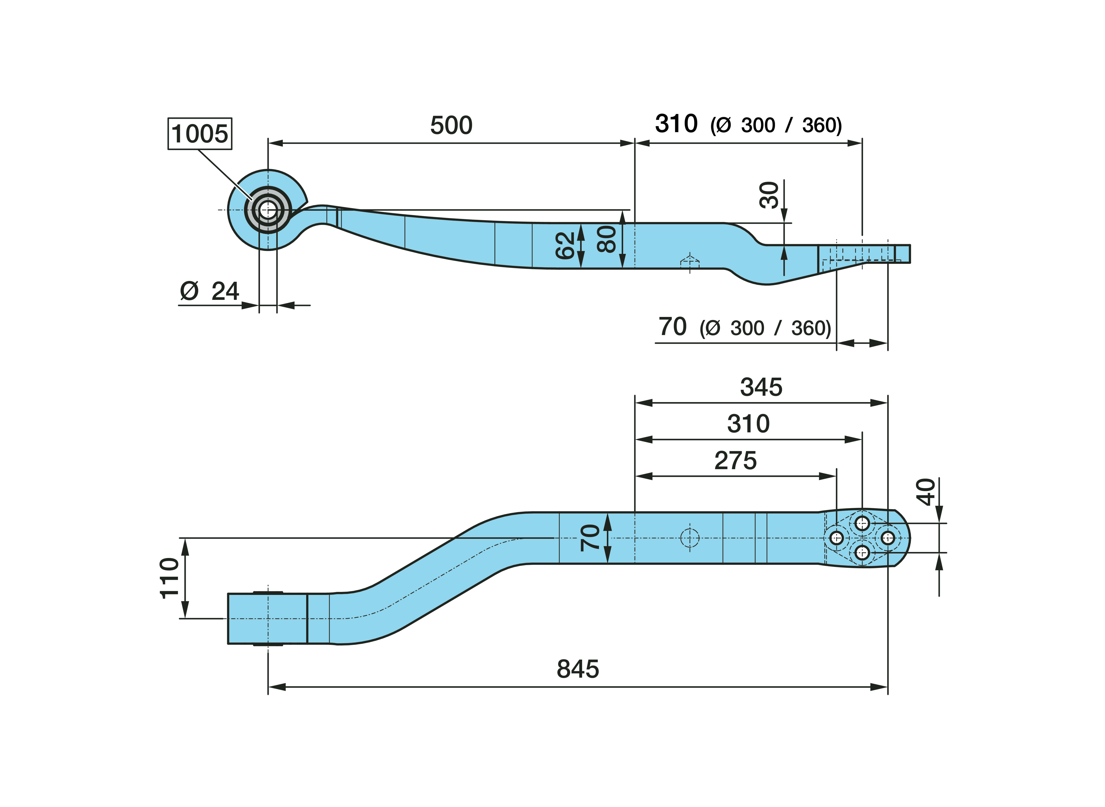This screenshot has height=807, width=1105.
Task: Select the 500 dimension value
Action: [451, 126]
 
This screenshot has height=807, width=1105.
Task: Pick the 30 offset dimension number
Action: [769, 195]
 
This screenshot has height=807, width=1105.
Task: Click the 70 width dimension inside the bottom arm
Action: [590, 538]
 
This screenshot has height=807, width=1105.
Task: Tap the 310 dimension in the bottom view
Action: [748, 424]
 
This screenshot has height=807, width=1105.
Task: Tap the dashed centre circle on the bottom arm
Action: [690, 538]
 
